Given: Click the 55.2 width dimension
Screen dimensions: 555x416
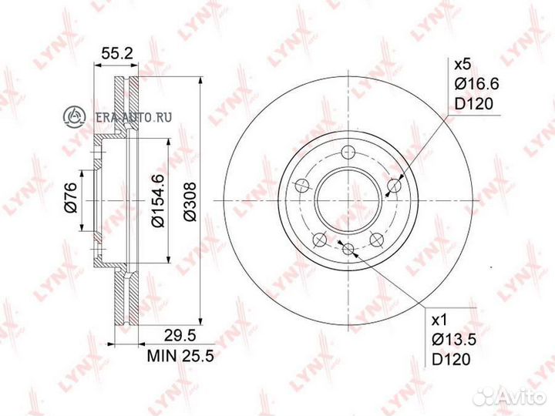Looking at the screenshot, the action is coord(117,54).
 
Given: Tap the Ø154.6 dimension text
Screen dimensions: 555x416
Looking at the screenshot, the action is coord(158,200).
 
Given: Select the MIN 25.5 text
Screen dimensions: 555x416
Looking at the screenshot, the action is coord(180,355).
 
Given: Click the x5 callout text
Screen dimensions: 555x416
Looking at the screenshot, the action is coord(463,65).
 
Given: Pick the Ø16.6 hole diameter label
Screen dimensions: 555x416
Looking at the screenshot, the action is coord(477,84).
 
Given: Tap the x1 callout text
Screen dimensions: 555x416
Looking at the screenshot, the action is coord(441,320).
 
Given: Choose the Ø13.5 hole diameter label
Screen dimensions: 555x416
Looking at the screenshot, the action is coord(455,340).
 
